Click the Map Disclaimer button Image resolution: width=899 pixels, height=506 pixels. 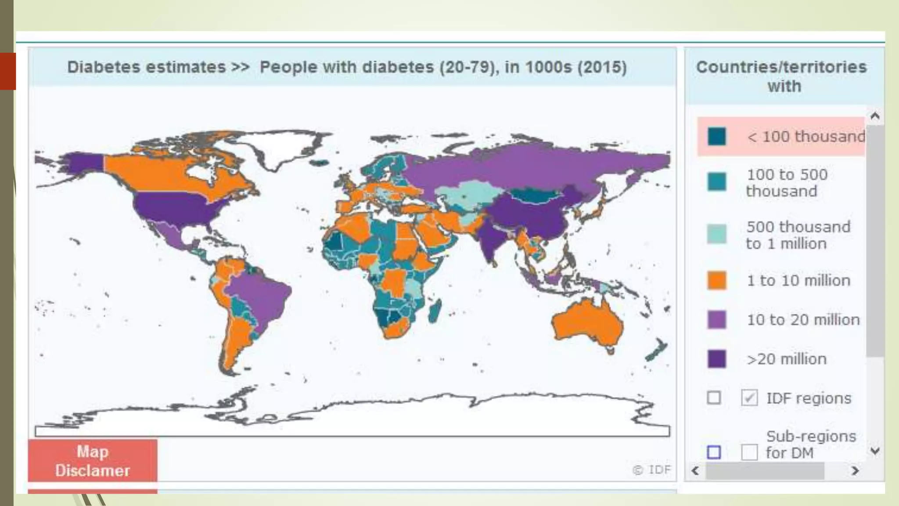tap(93, 461)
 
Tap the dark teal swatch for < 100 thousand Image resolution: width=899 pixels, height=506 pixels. tap(717, 137)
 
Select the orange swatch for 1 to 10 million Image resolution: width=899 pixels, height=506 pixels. tap(717, 281)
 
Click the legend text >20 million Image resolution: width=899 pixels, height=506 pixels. tap(787, 359)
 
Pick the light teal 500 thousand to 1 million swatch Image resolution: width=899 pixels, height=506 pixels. tap(717, 234)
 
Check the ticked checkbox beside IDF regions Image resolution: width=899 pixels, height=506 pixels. tap(749, 398)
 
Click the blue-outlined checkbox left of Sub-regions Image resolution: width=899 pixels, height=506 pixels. tap(714, 452)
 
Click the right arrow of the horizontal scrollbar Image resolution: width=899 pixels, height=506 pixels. tap(855, 471)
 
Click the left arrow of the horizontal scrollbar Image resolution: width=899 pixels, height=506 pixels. tap(695, 471)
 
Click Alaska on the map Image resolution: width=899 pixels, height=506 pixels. tap(81, 163)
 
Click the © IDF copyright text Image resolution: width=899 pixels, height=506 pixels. tap(652, 470)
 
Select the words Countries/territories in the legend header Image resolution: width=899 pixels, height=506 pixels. tap(781, 67)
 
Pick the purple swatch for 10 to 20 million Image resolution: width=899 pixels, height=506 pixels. tap(717, 320)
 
